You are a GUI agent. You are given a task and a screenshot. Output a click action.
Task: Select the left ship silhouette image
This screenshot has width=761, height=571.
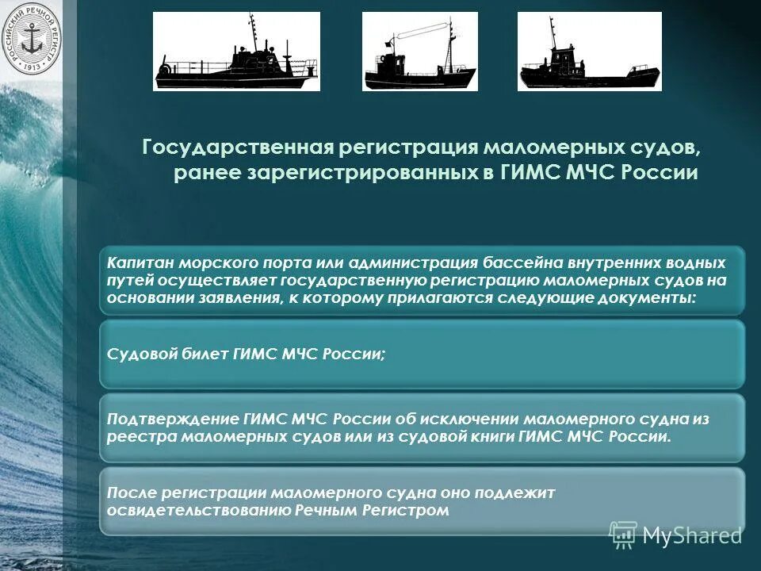tap(236, 52)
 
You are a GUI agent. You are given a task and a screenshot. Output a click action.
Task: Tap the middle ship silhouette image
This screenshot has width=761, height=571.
tap(420, 52)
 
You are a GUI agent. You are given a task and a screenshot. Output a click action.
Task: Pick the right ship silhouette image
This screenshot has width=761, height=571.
tap(590, 52)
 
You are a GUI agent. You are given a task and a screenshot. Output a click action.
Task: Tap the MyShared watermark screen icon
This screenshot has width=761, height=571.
tap(623, 535)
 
